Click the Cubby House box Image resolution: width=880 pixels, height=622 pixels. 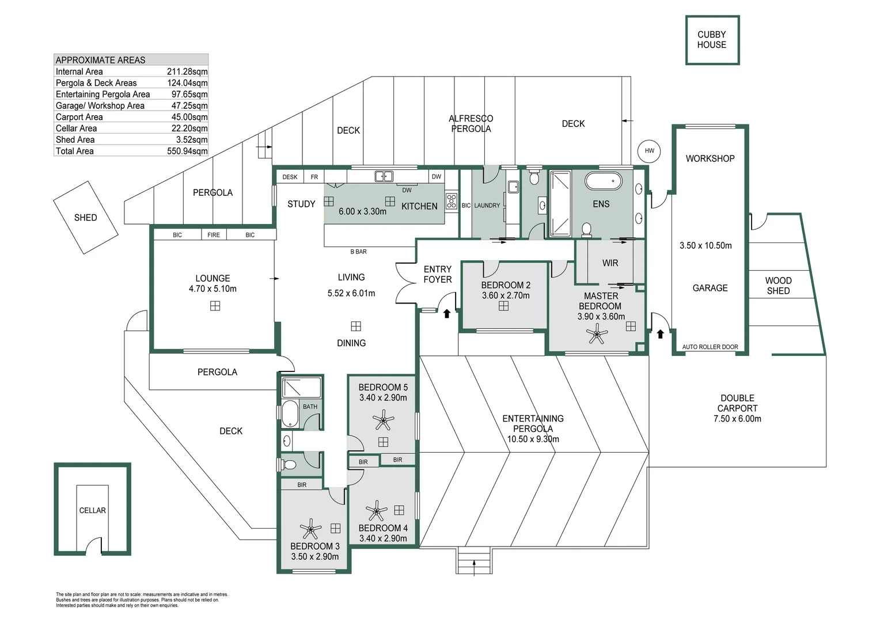[712, 40]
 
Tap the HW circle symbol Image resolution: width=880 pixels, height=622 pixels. [649, 151]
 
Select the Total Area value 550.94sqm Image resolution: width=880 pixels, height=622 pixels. [187, 151]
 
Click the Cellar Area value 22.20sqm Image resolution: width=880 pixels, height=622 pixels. [189, 128]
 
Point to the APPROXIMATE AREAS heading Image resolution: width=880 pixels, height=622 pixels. [100, 60]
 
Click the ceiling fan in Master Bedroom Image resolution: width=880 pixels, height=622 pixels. [597, 333]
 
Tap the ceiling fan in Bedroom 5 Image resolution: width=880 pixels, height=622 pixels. [383, 420]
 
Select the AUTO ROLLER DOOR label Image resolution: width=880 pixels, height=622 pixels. [710, 347]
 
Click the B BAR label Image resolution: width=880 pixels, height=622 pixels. [358, 252]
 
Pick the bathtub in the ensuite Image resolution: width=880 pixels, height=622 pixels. [603, 181]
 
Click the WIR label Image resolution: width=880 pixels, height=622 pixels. [610, 263]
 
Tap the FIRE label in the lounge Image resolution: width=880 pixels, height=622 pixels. [214, 235]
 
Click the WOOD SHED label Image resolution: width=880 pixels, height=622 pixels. [778, 286]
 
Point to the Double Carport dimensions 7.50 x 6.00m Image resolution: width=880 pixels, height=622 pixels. [737, 419]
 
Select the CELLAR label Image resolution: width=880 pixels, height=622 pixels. [92, 510]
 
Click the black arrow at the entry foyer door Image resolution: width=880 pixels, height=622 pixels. [446, 313]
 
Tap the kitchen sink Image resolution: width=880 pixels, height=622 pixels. [384, 176]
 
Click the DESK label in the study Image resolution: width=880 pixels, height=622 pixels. [290, 177]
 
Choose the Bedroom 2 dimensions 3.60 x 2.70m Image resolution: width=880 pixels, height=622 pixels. [506, 295]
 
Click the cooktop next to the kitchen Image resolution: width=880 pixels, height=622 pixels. [452, 201]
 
